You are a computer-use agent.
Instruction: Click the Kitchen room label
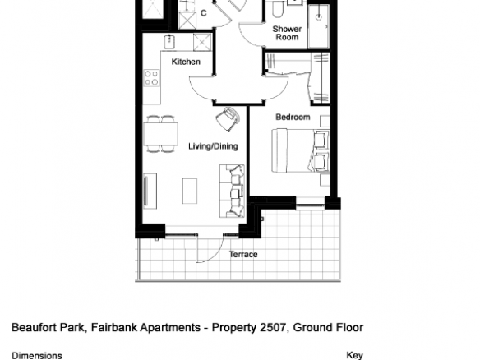click(x=186, y=62)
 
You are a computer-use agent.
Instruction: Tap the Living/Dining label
click(x=213, y=146)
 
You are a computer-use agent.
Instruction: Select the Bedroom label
click(x=293, y=117)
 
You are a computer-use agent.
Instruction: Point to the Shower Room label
click(x=287, y=33)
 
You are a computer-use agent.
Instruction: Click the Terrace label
click(x=243, y=255)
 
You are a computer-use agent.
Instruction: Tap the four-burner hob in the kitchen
click(x=151, y=78)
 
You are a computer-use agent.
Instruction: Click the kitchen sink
click(x=169, y=42)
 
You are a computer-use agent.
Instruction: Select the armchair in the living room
click(x=228, y=118)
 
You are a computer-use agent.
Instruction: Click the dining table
click(x=161, y=134)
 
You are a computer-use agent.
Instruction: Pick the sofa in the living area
click(x=232, y=191)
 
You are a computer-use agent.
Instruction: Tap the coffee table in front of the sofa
click(x=190, y=191)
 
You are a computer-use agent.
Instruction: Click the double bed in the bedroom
click(x=301, y=150)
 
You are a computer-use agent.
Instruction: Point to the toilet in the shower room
click(x=278, y=8)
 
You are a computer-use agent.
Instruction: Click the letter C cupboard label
click(x=204, y=13)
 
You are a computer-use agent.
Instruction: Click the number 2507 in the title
click(x=274, y=328)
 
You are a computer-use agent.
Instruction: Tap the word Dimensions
click(x=37, y=356)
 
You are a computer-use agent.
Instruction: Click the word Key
click(x=355, y=355)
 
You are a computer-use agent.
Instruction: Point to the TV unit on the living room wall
click(x=150, y=191)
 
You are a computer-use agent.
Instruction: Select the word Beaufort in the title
click(x=34, y=328)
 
